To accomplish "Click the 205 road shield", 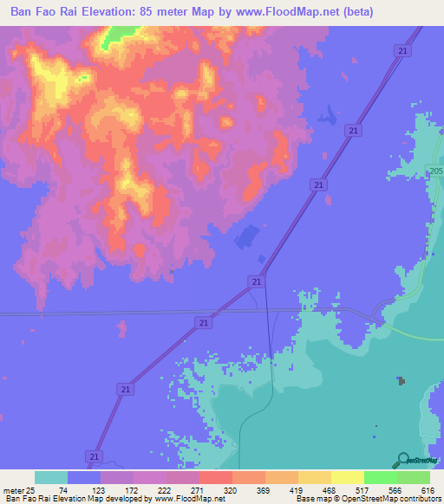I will pos(435,172).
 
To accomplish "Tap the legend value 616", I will pos(427,489).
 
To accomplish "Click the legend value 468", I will pos(329,489).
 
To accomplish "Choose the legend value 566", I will pos(395,489).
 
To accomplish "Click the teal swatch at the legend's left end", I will pos(51,477).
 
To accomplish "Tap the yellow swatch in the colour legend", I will pos(348,477).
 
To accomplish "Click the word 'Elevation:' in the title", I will pos(120,11).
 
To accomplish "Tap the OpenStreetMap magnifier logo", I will pos(402,459).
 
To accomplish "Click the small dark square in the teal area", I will pos(401,381).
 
